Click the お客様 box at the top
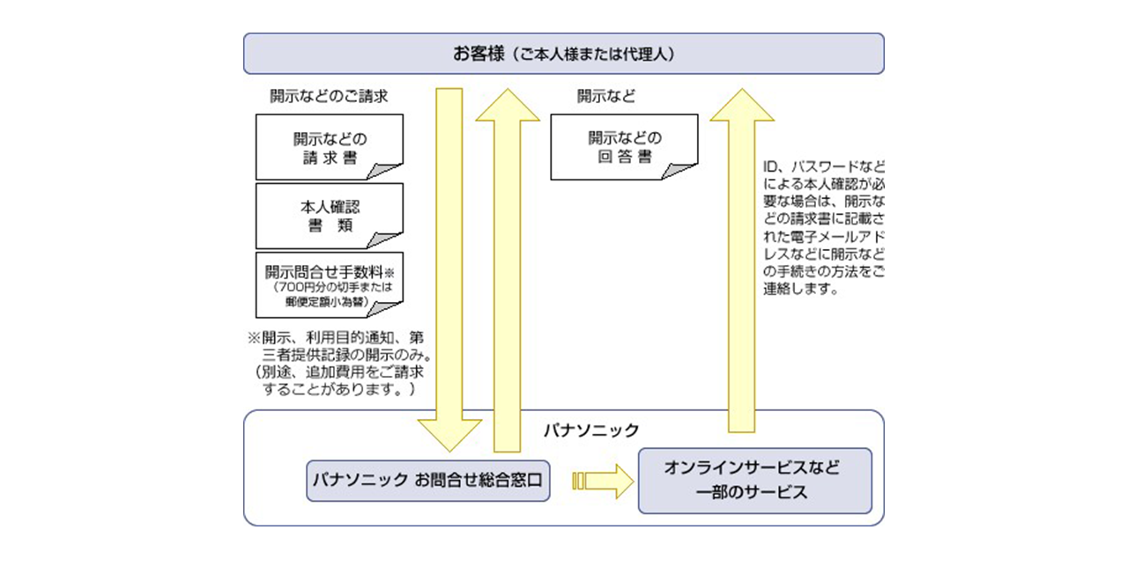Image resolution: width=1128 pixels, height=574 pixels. [x=563, y=54]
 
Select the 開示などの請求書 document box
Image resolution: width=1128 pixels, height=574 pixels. [x=329, y=147]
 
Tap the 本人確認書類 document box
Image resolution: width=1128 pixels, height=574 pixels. [x=329, y=216]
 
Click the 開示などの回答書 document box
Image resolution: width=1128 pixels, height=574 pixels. [x=624, y=147]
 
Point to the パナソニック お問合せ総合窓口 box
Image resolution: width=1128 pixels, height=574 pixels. [x=428, y=480]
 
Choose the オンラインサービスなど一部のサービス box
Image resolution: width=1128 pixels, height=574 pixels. [x=754, y=481]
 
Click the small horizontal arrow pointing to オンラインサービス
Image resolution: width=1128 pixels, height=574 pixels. [x=604, y=481]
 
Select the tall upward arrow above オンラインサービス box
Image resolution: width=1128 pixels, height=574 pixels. [x=743, y=264]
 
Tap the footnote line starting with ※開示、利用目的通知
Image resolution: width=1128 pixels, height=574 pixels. [x=338, y=337]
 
